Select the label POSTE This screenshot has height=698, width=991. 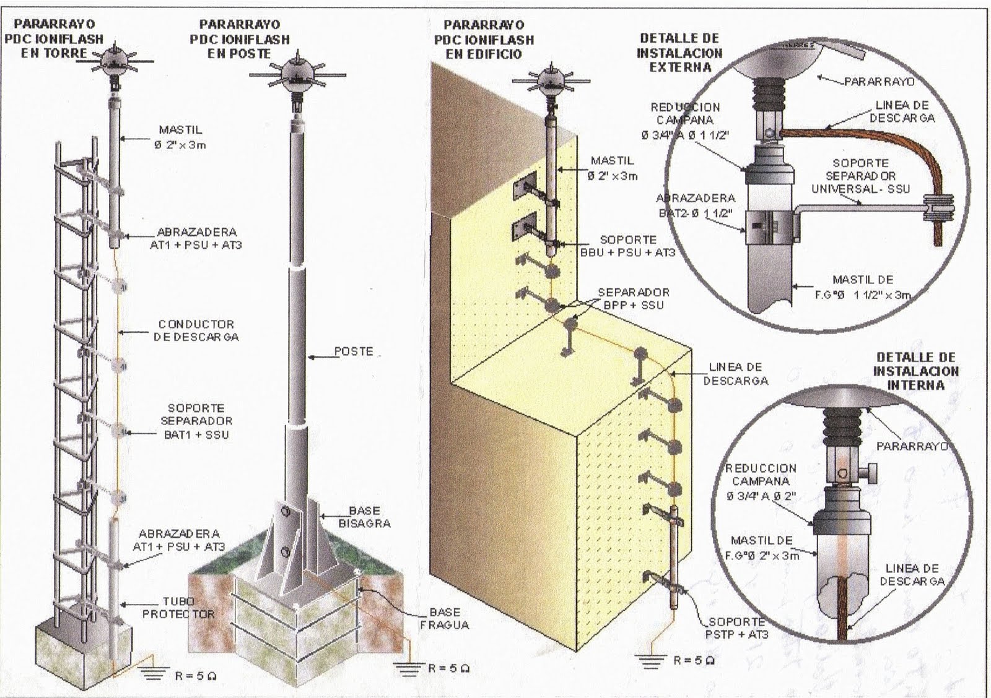[354, 351]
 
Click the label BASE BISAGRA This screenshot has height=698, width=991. [364, 517]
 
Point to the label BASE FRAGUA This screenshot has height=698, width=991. [444, 618]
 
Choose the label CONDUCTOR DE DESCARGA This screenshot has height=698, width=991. [196, 330]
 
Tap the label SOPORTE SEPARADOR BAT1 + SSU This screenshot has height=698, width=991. [196, 421]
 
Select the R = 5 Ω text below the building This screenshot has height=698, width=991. [694, 660]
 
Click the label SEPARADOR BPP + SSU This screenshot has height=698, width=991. [633, 298]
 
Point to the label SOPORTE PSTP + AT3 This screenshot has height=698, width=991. [736, 627]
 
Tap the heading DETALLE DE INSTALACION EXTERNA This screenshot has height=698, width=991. [679, 53]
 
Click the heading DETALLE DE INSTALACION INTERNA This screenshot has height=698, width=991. [915, 371]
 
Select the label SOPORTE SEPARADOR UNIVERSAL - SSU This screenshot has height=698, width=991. [860, 176]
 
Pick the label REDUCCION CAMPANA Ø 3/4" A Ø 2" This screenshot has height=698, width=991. [761, 482]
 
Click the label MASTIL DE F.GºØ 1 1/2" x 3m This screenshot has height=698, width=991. [863, 287]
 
